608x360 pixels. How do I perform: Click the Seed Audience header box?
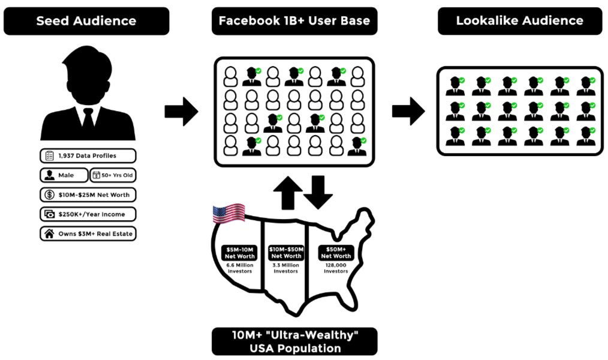coord(86,21)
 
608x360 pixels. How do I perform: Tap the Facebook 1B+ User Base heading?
coord(294,21)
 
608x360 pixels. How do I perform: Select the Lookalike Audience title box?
coord(519,20)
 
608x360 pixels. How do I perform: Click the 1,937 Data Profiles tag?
coord(88,156)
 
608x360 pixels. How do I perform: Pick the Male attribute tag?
coord(62,175)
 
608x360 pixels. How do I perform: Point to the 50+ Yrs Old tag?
coord(113,175)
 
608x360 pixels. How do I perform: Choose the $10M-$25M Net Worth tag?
coord(88,195)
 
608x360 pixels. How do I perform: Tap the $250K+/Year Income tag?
coord(88,214)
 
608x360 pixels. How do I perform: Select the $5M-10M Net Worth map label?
coord(240,253)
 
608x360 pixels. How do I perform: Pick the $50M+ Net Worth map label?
coord(336,253)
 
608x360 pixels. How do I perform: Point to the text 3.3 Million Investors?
coord(285,268)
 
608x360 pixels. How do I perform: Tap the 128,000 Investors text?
coord(336,268)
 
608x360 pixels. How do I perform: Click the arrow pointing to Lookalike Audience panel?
coord(408,111)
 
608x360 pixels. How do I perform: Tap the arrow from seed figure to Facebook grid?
coord(181,111)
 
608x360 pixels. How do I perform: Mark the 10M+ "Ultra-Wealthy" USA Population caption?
coord(294,341)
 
